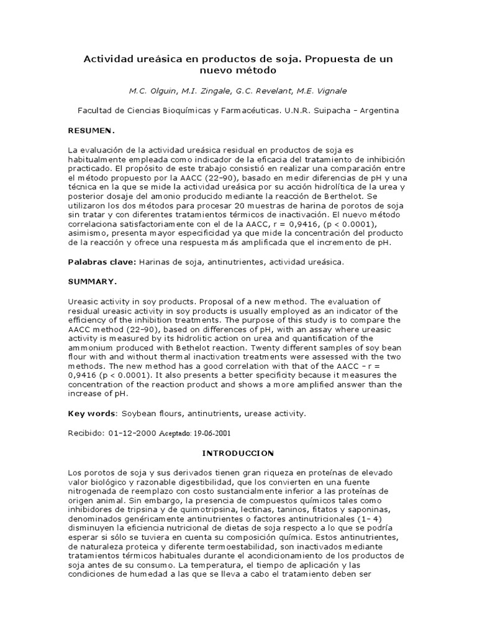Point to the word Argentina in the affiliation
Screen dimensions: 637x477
click(x=376, y=111)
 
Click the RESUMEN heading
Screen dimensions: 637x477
click(x=91, y=131)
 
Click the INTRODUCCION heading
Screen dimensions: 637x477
click(x=238, y=453)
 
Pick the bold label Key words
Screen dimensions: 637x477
click(x=91, y=413)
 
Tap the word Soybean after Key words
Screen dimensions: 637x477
click(x=140, y=413)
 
